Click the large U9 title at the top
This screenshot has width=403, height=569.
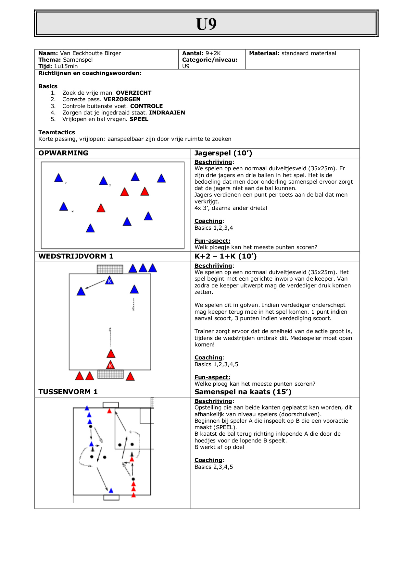pyautogui.click(x=206, y=24)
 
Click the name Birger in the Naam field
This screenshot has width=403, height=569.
pyautogui.click(x=112, y=53)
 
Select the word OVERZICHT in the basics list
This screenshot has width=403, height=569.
pyautogui.click(x=133, y=93)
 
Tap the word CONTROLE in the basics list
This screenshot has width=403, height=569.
pyautogui.click(x=146, y=106)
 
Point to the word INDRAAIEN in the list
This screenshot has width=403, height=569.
pyautogui.click(x=167, y=113)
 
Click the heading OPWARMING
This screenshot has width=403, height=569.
pyautogui.click(x=63, y=153)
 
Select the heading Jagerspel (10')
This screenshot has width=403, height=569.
pyautogui.click(x=223, y=153)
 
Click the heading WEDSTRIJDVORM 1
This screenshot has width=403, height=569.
pyautogui.click(x=76, y=256)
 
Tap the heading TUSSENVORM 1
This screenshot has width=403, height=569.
pyautogui.click(x=68, y=392)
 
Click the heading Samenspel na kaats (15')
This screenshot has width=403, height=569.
pyautogui.click(x=243, y=392)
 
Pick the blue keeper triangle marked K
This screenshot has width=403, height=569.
pyautogui.click(x=109, y=281)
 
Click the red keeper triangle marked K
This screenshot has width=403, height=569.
pyautogui.click(x=111, y=365)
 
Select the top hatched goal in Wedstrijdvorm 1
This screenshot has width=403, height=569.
pyautogui.click(x=110, y=269)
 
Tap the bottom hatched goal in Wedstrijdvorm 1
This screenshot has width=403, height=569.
pyautogui.click(x=110, y=374)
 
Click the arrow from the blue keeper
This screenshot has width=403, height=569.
pyautogui.click(x=95, y=284)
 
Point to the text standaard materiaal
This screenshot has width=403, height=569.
pyautogui.click(x=309, y=53)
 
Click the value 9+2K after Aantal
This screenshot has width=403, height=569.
pyautogui.click(x=213, y=53)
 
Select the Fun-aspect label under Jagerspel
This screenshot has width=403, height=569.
pyautogui.click(x=212, y=241)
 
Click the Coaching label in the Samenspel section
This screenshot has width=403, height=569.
pyautogui.click(x=208, y=460)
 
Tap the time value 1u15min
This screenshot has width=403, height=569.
pyautogui.click(x=66, y=66)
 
